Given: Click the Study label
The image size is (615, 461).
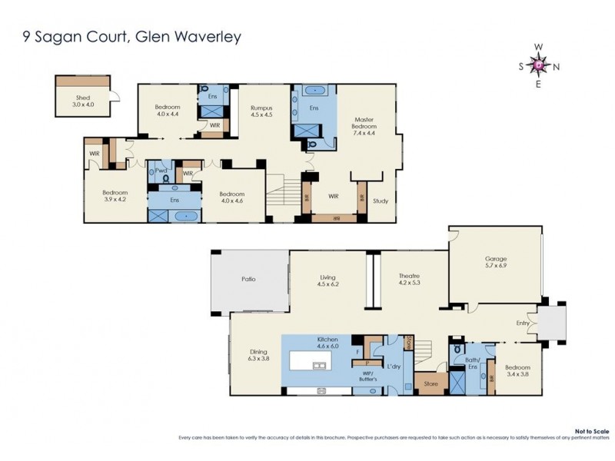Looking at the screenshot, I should [381, 202].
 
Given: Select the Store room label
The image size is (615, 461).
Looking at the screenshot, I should [430, 383].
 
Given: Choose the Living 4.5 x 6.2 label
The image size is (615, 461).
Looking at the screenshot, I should [328, 280].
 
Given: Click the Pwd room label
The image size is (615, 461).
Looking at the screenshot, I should [161, 171].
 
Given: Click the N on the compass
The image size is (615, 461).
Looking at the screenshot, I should [557, 66].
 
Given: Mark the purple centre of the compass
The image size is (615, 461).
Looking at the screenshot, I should [539, 65].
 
